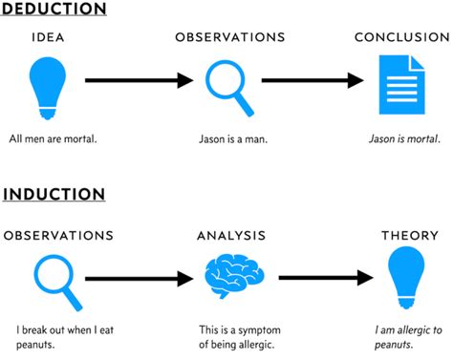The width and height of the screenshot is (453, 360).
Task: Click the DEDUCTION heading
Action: pyautogui.click(x=54, y=10)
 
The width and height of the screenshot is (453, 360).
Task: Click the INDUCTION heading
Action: pyautogui.click(x=54, y=195)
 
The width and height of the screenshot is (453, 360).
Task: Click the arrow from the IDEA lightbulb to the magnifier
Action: pyautogui.click(x=139, y=80)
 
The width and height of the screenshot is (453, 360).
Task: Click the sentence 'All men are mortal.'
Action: pyautogui.click(x=53, y=138)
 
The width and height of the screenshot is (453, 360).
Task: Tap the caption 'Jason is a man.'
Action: pyautogui.click(x=233, y=138)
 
